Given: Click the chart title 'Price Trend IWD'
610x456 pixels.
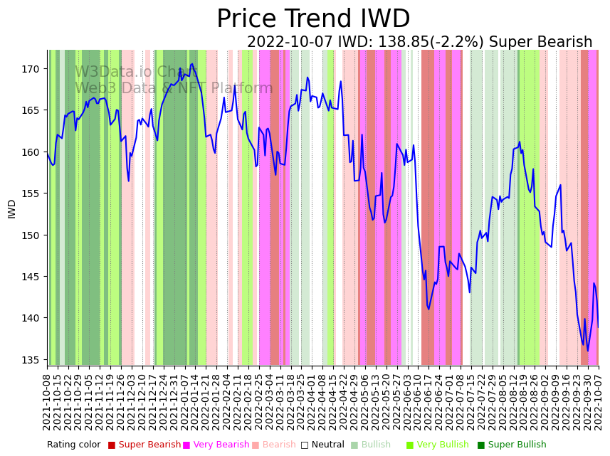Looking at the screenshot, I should coord(313,19).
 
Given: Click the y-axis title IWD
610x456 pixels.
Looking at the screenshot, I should coord(12,208).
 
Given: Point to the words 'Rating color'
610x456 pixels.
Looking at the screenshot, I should coord(74,445).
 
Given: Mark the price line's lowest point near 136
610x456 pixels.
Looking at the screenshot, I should coord(588,350).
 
